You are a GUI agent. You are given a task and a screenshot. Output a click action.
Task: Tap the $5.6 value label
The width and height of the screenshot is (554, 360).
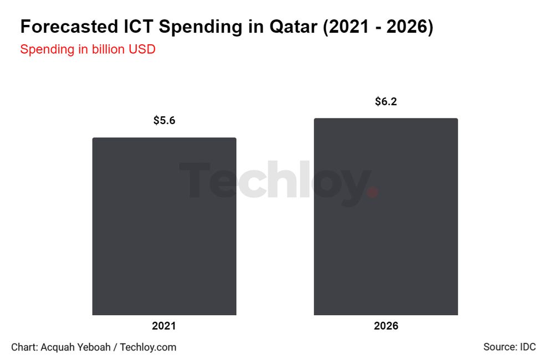164,120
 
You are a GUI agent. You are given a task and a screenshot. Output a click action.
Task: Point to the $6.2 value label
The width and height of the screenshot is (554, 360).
386,101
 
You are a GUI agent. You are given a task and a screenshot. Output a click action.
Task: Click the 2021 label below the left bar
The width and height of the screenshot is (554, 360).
164,326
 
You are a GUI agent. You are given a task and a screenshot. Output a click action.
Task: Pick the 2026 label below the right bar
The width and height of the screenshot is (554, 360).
386,326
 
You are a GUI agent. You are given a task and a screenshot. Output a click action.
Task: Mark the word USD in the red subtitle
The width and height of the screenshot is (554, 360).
142,49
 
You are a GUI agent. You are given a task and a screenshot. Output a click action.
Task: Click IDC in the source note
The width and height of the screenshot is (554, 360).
527,347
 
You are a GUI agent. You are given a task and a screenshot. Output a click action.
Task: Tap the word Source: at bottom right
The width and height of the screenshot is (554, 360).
500,347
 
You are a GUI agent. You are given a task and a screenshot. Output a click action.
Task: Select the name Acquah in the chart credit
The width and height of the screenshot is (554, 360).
58,347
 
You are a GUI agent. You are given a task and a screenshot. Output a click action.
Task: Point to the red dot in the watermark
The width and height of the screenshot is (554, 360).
373,192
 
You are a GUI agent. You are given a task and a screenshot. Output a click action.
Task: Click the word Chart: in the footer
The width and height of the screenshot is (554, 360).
24,347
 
